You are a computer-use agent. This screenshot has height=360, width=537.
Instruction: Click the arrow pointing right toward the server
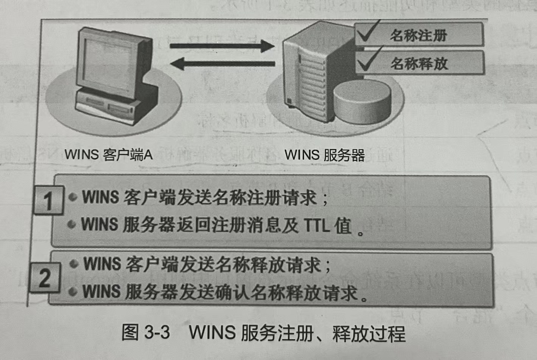(222, 46)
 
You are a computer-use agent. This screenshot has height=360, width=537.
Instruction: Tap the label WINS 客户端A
(109, 154)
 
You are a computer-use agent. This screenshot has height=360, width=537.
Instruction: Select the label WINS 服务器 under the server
(324, 154)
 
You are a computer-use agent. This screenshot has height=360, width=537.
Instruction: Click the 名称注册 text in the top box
(419, 35)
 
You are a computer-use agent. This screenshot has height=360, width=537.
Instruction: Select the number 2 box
(45, 278)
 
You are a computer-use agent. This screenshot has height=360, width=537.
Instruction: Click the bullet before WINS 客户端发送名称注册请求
(73, 196)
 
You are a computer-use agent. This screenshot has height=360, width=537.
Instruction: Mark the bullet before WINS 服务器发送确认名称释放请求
(73, 291)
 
